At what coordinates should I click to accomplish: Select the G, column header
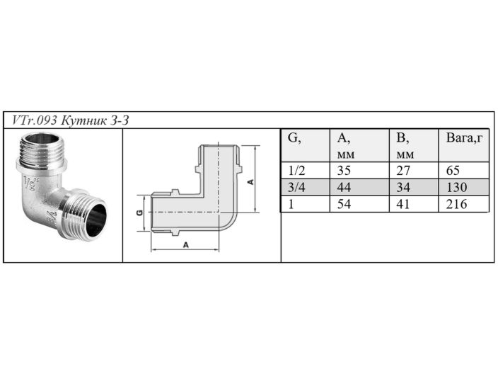point(294,138)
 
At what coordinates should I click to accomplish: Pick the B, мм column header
point(405,145)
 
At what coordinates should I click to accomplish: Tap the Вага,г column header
point(464,138)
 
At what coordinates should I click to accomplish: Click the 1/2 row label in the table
point(295,171)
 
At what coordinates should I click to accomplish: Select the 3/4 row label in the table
point(295,187)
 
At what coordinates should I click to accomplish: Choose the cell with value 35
point(344,171)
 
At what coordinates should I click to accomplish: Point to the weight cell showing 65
point(454,171)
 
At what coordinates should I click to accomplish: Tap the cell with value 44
point(344,187)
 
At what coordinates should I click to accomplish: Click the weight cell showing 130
point(457,187)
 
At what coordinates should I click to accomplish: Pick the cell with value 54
point(344,204)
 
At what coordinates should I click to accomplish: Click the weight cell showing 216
point(457,204)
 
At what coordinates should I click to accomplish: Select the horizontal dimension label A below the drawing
point(185,244)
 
